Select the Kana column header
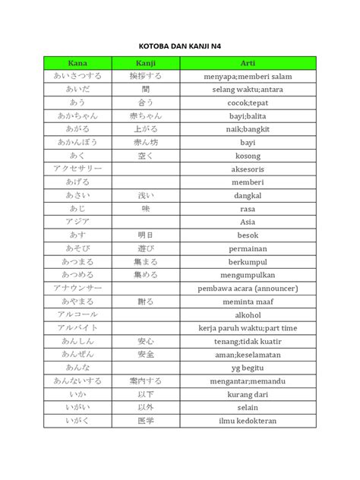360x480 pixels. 77,63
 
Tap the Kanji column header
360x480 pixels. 146,63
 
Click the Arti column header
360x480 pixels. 248,63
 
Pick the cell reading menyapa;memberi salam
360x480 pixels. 248,77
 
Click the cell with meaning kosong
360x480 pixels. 248,156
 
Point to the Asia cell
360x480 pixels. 248,222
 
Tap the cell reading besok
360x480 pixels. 248,235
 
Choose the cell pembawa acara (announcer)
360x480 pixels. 248,289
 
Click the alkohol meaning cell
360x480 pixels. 248,314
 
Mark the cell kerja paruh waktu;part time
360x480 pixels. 248,327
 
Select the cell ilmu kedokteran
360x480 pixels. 248,421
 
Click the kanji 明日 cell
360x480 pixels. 146,235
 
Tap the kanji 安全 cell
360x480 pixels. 146,354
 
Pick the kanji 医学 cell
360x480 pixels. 146,421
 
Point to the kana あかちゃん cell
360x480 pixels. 77,116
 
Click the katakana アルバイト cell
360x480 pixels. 77,327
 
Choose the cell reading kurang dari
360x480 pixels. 248,394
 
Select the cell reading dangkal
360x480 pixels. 248,195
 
